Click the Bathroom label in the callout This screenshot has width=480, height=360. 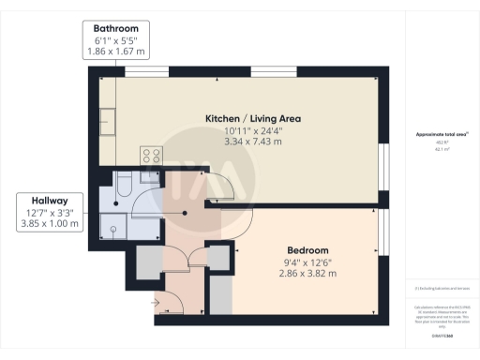tap(117, 29)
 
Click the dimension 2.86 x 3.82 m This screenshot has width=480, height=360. tap(307, 274)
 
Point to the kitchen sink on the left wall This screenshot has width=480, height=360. tap(109, 122)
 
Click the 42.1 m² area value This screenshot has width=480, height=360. tap(434, 149)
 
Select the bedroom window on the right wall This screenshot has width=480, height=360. tap(383, 232)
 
